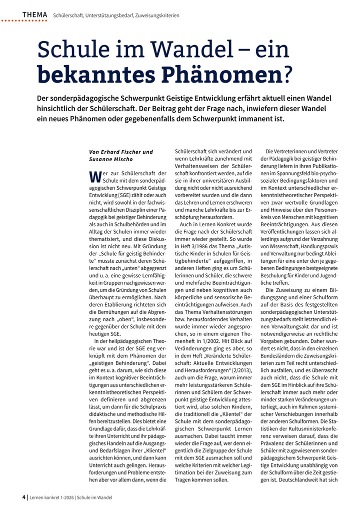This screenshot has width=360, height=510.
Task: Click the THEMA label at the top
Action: (x=34, y=15)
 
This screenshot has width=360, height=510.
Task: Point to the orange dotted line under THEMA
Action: (x=25, y=21)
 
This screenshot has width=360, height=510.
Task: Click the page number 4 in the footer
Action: (x=23, y=497)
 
